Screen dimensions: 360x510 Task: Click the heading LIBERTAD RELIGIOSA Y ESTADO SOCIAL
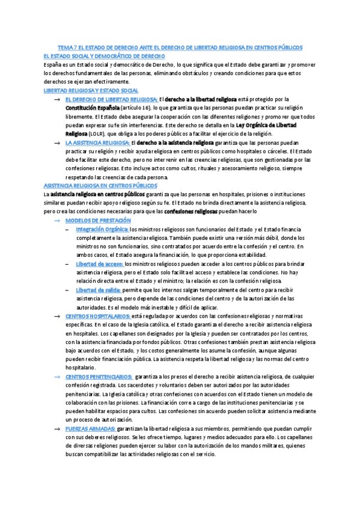[x=87, y=90]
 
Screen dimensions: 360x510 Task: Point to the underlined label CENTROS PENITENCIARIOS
[x=98, y=376]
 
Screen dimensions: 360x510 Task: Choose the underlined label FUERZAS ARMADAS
[x=90, y=428]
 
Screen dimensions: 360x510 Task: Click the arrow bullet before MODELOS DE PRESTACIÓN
[x=56, y=221]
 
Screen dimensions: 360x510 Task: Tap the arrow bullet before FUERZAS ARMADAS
[x=56, y=428]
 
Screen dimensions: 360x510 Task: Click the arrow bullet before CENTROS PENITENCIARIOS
[x=56, y=376]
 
